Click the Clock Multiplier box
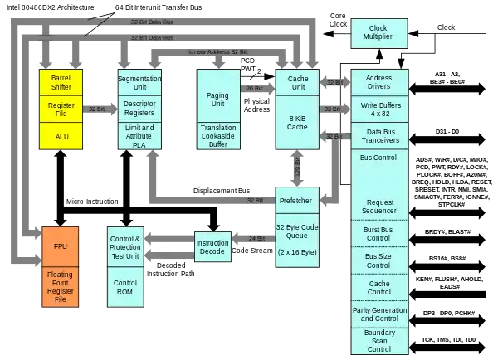[378, 34]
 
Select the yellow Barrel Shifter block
[61, 83]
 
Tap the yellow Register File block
[61, 110]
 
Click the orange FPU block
[61, 247]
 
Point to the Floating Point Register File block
[61, 287]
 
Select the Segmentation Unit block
[139, 83]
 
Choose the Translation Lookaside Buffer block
[217, 137]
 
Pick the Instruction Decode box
[212, 246]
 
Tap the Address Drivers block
[378, 82]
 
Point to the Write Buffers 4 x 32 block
[378, 109]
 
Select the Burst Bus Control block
[378, 233]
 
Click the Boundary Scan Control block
[378, 340]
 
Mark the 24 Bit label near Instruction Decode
[256, 238]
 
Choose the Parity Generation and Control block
[378, 314]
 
